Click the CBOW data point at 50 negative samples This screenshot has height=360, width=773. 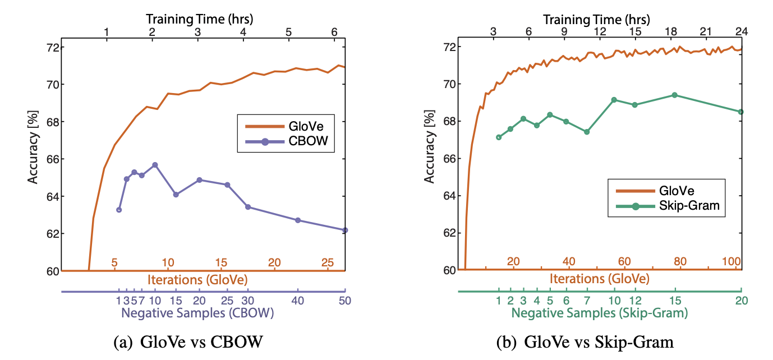tap(345, 230)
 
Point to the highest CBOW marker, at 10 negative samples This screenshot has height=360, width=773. tap(155, 165)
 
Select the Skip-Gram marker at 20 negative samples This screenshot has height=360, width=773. tap(741, 112)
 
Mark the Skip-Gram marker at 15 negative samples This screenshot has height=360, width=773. tap(675, 95)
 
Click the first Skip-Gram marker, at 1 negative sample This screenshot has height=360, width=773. tap(498, 137)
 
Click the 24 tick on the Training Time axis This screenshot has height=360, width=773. tap(741, 33)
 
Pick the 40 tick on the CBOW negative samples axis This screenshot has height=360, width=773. tap(298, 301)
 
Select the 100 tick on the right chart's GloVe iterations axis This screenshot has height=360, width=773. tap(731, 262)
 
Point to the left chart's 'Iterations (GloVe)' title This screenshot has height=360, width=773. tap(198, 279)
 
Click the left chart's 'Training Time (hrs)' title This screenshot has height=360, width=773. tap(200, 19)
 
